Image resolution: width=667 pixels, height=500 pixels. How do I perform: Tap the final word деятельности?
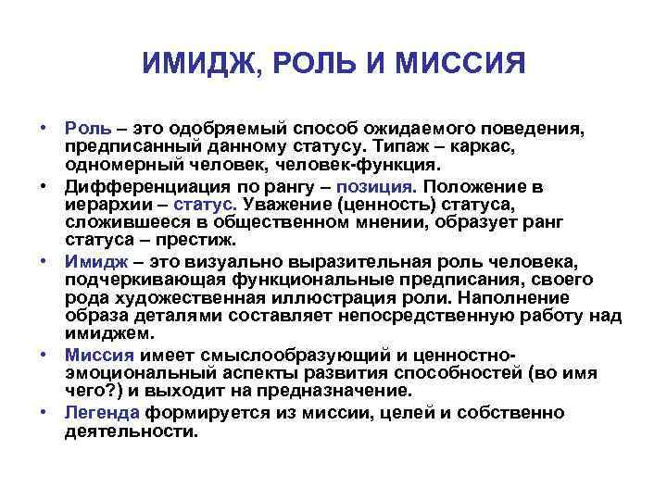(x=131, y=430)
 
